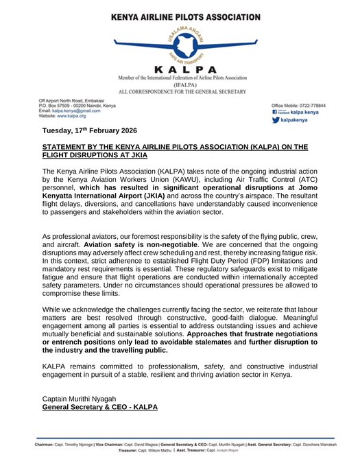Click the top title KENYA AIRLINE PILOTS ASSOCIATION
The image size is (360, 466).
click(180, 8)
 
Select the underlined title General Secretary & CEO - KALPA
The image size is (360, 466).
click(100, 408)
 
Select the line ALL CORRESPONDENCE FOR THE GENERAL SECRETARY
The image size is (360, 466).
click(180, 91)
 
